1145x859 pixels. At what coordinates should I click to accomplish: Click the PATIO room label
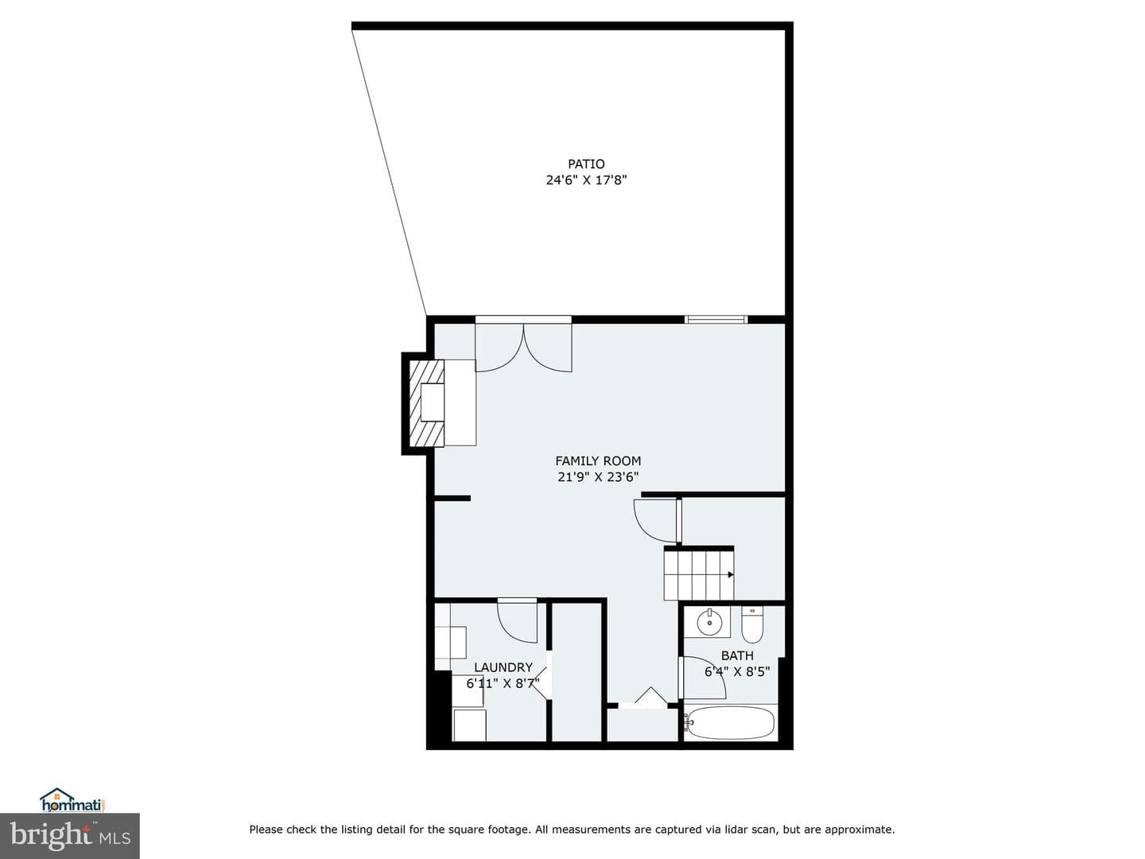point(586,164)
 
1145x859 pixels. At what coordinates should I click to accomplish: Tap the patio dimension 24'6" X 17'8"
point(586,181)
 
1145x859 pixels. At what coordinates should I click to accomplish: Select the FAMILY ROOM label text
point(598,461)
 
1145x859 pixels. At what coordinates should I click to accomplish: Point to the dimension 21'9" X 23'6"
point(598,477)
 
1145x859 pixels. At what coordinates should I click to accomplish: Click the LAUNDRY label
point(503,667)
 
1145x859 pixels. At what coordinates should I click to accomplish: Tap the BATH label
point(737,655)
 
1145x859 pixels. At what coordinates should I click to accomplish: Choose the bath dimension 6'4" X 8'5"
point(737,672)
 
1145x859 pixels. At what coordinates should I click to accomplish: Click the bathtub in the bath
point(730,722)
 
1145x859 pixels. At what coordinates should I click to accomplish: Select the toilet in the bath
point(751,624)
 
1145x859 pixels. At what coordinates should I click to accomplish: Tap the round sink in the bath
point(709,622)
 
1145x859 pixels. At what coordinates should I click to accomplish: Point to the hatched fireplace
point(426,402)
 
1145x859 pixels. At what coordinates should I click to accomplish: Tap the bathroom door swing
point(703,677)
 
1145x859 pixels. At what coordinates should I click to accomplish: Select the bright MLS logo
point(69,837)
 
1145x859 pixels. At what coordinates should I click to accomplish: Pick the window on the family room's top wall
point(716,319)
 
